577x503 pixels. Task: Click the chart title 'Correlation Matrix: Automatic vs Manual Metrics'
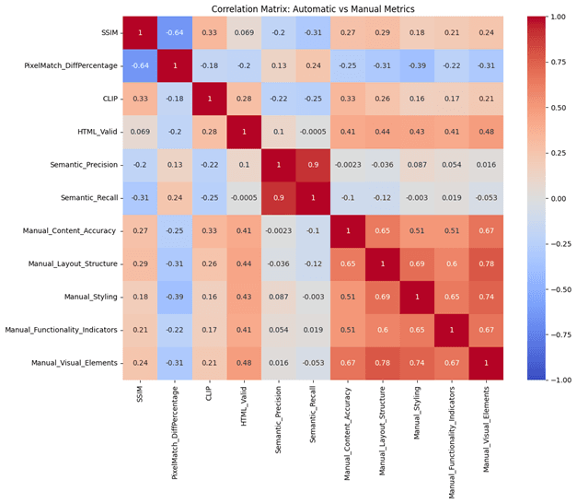click(x=313, y=9)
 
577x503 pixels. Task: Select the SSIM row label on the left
click(x=110, y=33)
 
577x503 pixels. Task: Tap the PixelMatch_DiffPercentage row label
click(x=71, y=66)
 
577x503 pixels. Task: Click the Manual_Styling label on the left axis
click(x=91, y=297)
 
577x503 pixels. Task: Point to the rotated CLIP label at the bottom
click(x=209, y=393)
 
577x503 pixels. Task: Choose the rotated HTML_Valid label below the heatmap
click(x=243, y=406)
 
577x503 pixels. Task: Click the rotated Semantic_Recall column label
click(x=312, y=415)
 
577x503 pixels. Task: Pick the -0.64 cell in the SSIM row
click(x=175, y=33)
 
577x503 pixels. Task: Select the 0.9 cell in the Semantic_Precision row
click(x=313, y=165)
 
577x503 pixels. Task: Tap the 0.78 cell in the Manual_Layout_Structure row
click(x=486, y=263)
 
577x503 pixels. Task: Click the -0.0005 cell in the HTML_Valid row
click(x=313, y=132)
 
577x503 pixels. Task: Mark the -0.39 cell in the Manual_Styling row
click(x=175, y=297)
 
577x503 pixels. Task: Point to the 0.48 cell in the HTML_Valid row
click(x=486, y=132)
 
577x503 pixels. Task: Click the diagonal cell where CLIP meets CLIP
click(x=210, y=99)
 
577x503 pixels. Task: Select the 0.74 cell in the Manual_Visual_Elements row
click(x=417, y=363)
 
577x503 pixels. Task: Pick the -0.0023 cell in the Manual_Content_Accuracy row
click(x=279, y=231)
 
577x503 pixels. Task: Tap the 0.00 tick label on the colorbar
click(x=559, y=199)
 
